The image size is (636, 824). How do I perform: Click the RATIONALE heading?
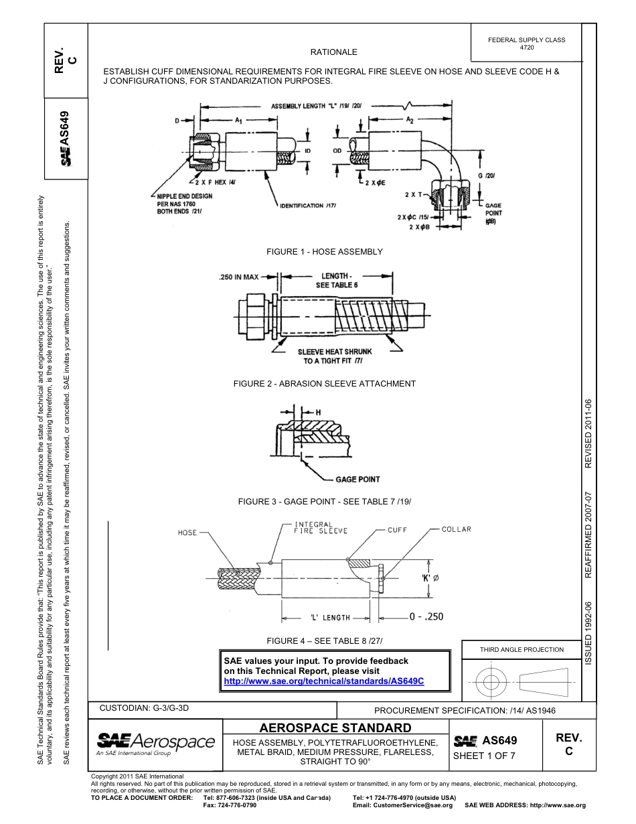pyautogui.click(x=333, y=52)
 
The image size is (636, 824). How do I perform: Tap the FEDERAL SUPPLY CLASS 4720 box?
pyautogui.click(x=527, y=44)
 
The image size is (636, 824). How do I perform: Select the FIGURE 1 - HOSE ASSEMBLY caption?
pyautogui.click(x=325, y=252)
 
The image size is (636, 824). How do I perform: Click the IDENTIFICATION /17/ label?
pyautogui.click(x=307, y=205)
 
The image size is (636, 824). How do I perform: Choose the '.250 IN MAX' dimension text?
pyautogui.click(x=239, y=276)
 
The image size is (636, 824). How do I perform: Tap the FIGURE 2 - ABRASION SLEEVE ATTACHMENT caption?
pyautogui.click(x=325, y=384)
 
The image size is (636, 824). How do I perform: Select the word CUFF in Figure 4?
pyautogui.click(x=398, y=530)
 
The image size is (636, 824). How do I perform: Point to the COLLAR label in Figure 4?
pyautogui.click(x=457, y=529)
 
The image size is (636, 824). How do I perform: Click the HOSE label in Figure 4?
pyautogui.click(x=187, y=533)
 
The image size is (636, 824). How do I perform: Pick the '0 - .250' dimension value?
pyautogui.click(x=416, y=617)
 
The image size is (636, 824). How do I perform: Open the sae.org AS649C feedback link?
pyautogui.click(x=324, y=681)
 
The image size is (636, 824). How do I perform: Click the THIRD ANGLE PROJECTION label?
pyautogui.click(x=522, y=649)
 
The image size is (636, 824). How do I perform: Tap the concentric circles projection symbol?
pyautogui.click(x=492, y=683)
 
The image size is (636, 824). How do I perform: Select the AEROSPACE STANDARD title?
pyautogui.click(x=335, y=728)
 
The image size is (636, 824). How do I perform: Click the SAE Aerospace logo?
pyautogui.click(x=155, y=743)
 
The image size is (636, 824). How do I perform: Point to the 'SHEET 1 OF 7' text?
pyautogui.click(x=484, y=756)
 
